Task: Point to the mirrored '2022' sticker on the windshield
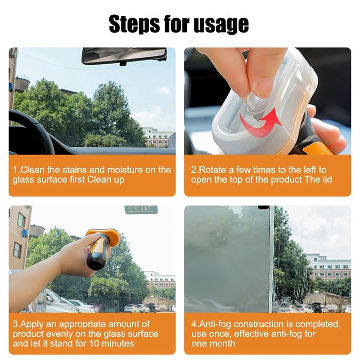pos(141,210)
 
